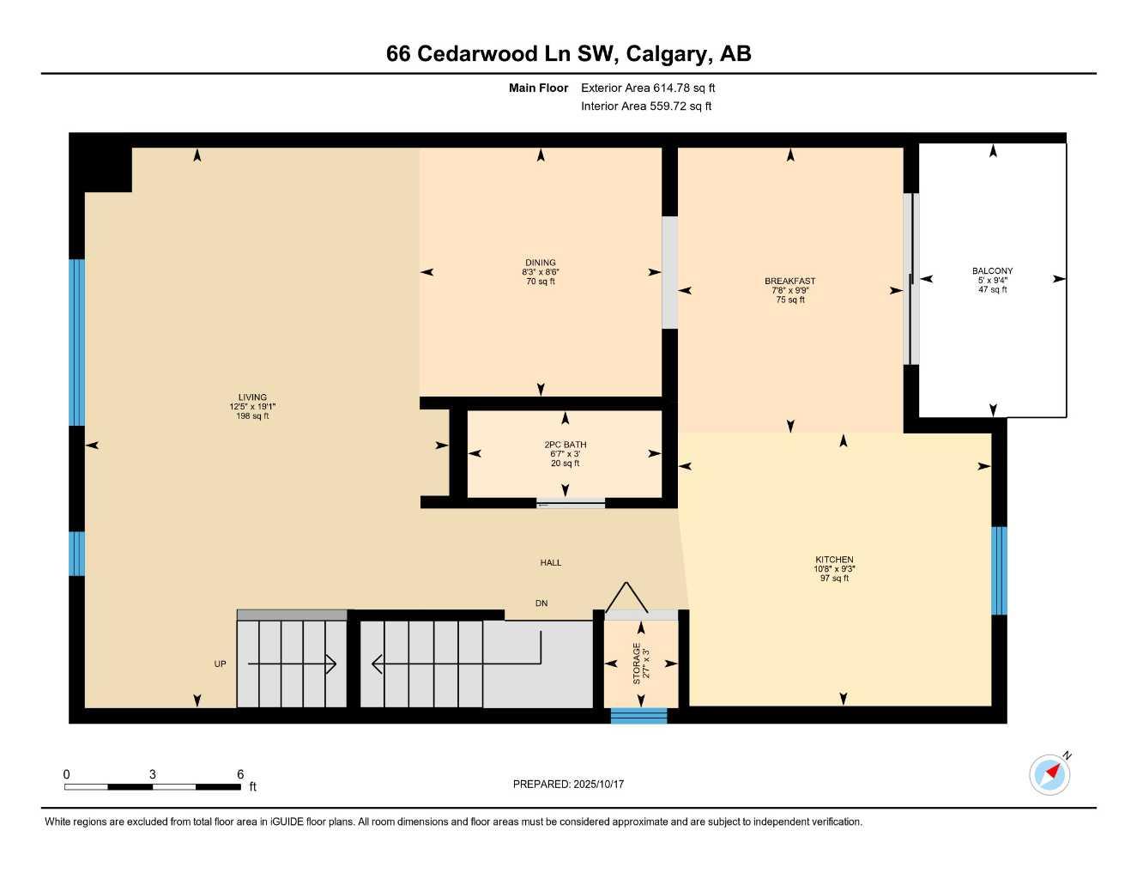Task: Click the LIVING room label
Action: (x=253, y=397)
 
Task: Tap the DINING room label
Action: (x=541, y=263)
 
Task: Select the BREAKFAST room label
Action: (x=789, y=281)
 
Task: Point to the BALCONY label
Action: (x=992, y=271)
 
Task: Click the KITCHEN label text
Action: (x=834, y=560)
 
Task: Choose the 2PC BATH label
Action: (x=565, y=445)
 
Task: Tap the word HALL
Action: (x=551, y=563)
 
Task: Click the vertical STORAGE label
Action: (x=637, y=664)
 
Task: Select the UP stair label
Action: (x=221, y=664)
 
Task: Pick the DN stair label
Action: (x=541, y=603)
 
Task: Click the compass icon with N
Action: (x=1049, y=774)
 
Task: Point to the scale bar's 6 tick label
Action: (x=240, y=774)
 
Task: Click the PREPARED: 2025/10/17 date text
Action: (x=568, y=784)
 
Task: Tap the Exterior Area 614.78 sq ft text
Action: (x=648, y=88)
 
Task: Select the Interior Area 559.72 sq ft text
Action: (x=646, y=106)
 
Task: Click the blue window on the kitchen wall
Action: (x=999, y=571)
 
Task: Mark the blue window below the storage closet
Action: (x=638, y=716)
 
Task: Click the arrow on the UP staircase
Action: (x=292, y=664)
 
